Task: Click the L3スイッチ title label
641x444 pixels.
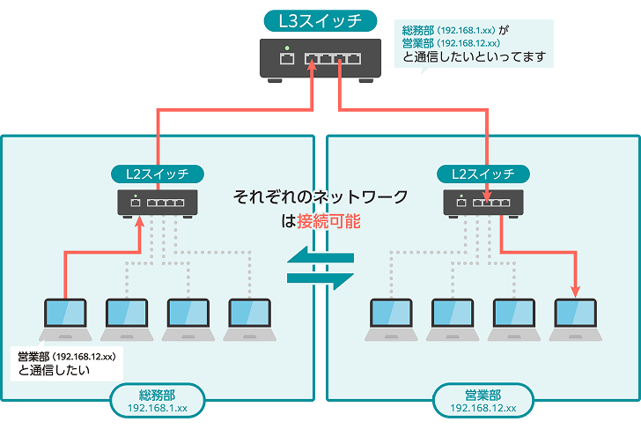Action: point(320,21)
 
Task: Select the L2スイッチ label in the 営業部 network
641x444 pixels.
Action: point(483,174)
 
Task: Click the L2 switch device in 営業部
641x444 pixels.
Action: point(483,203)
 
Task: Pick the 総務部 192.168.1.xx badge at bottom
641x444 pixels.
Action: point(158,401)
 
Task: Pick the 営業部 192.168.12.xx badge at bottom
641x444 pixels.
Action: point(482,401)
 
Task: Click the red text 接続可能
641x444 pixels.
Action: point(328,222)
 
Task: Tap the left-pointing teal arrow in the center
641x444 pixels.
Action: point(320,258)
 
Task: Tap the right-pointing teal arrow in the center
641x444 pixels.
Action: point(320,278)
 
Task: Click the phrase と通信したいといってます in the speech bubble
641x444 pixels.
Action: point(474,58)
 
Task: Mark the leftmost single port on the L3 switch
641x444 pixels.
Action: point(286,60)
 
